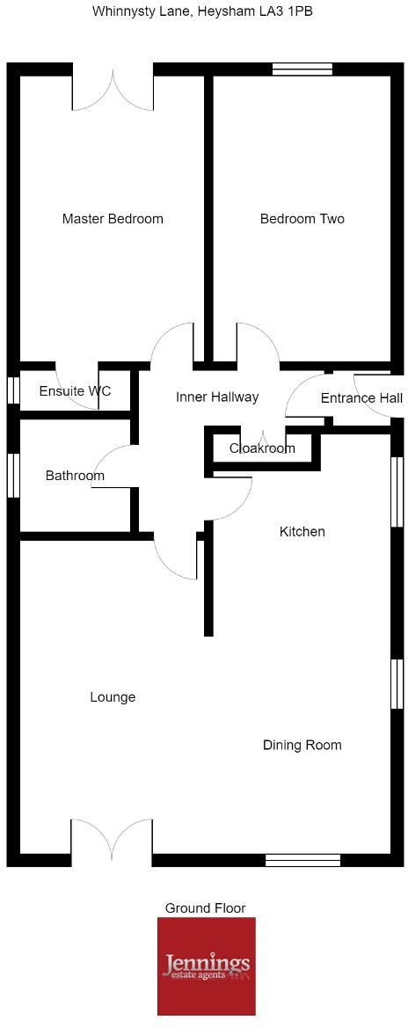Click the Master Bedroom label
pos(113,219)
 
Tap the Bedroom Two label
pos(302,219)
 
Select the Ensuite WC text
pos(76,391)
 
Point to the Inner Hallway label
pos(217,397)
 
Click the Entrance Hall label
pos(361,398)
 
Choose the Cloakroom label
pos(262,448)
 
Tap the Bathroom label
pos(75,476)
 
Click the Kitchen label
pos(302,531)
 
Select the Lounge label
pos(113,697)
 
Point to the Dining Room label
pos(302,746)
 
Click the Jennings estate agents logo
pos(207,966)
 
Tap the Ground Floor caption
pos(205,907)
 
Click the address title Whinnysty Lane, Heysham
pos(165,11)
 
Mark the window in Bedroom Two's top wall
pos(302,69)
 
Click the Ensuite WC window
pos(13,390)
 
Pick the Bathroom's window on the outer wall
pos(13,477)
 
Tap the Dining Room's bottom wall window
pos(303,860)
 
